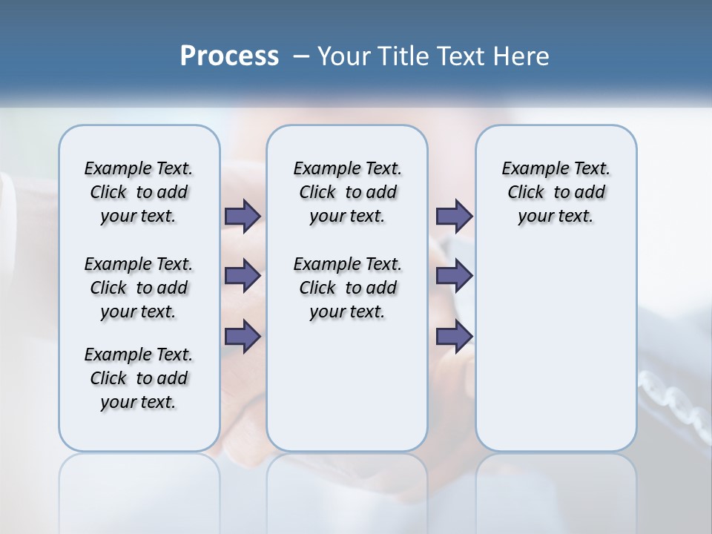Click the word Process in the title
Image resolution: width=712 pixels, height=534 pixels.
tap(229, 56)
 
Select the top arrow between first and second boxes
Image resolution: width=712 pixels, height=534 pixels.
tap(243, 216)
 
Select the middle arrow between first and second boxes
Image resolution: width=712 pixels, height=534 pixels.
tap(243, 276)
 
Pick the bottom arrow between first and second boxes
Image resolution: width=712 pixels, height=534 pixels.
tap(243, 337)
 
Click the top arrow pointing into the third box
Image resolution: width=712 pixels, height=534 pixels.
tap(454, 216)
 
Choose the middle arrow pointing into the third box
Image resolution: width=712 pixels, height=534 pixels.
tap(454, 276)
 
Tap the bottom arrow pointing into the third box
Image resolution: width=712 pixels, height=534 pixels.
tap(454, 337)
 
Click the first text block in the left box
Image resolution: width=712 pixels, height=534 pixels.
tap(139, 192)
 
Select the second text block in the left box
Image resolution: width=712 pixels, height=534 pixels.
tap(139, 288)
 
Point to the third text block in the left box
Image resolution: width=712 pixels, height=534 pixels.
tap(139, 378)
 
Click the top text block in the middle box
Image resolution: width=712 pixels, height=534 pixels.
tap(348, 192)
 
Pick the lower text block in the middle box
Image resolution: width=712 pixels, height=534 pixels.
tap(348, 288)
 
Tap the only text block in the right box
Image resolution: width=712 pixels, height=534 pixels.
tap(556, 192)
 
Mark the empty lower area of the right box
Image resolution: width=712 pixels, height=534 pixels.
tap(556, 349)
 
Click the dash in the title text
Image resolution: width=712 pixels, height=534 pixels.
tap(301, 56)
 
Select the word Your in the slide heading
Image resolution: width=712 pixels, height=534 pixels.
tap(344, 56)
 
